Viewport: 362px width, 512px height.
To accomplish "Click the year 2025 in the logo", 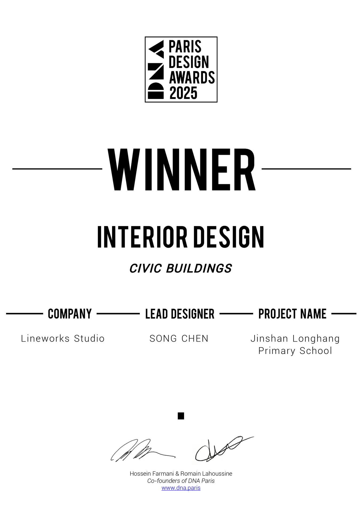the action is (183, 93).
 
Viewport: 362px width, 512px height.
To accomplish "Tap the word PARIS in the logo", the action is (185, 47).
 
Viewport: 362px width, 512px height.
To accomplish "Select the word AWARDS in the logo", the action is (192, 78).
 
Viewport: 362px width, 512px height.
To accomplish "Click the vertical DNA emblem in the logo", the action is (156, 70).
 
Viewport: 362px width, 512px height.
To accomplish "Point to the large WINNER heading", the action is (181, 169).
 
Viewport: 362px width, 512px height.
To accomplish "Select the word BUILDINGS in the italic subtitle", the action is (199, 268).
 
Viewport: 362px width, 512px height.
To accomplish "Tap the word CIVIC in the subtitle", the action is (145, 268).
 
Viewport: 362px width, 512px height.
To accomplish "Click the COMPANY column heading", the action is (70, 314).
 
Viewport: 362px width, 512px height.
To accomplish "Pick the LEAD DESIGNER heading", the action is (180, 314).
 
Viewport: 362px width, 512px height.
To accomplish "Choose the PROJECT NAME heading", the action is (292, 314).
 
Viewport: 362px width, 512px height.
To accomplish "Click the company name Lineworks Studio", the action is (63, 338).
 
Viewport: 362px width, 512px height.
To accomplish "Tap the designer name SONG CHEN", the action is (179, 338).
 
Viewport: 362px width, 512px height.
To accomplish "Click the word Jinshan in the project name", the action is (269, 338).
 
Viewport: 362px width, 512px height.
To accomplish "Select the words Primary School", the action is (295, 351).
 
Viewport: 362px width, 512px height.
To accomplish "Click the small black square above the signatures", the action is (181, 416).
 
